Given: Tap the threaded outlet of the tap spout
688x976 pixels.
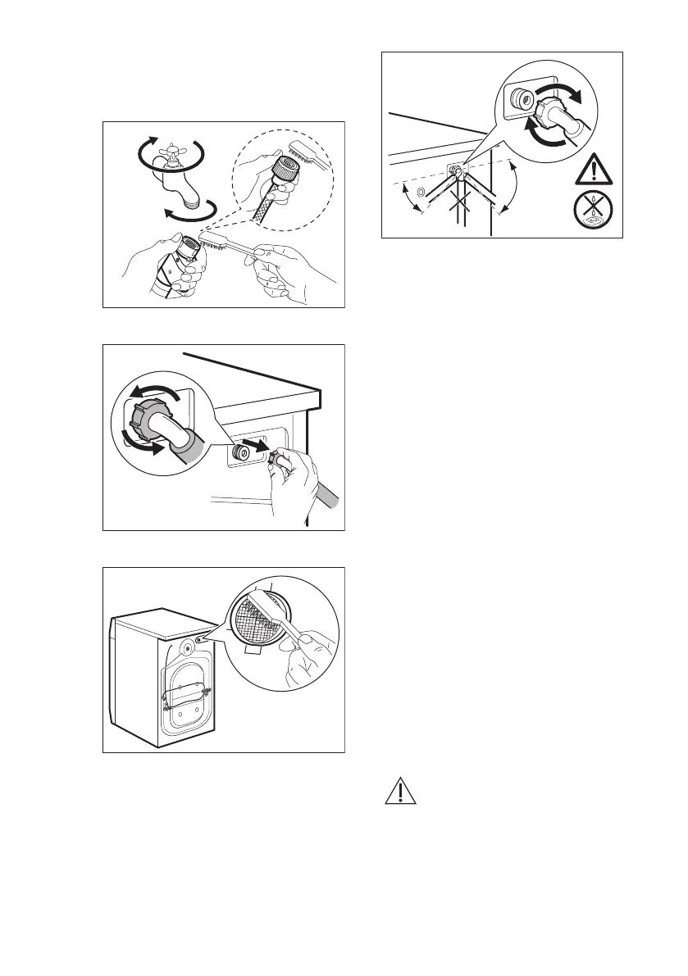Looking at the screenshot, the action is (x=193, y=200).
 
